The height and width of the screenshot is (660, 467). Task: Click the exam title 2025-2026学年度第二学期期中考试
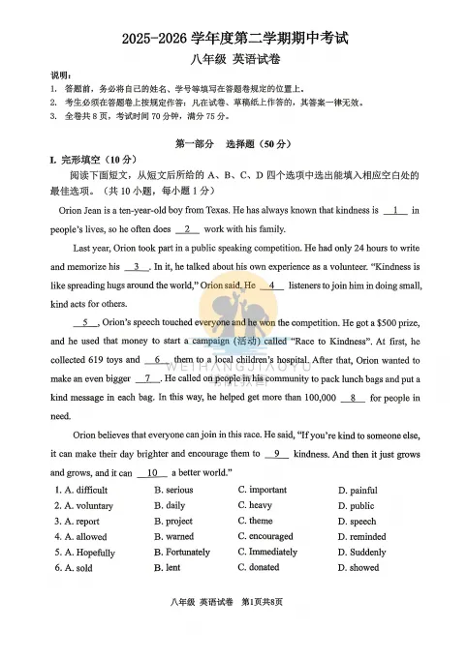pos(233,40)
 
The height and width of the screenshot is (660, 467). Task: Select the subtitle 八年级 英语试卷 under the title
pos(233,61)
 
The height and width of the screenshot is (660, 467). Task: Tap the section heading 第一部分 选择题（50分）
pos(233,144)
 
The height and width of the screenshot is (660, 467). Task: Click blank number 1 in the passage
pos(394,210)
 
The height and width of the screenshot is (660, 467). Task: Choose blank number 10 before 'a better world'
pos(151,472)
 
